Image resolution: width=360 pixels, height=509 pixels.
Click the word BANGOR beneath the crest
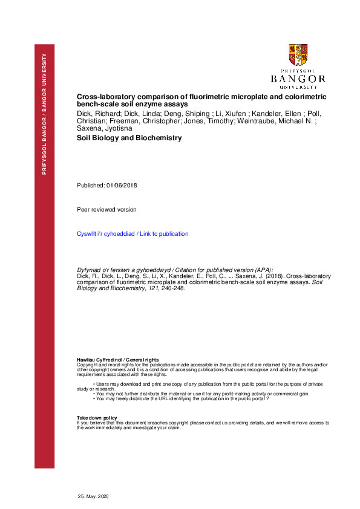click(298, 79)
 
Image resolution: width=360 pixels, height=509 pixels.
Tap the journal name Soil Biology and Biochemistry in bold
click(129, 138)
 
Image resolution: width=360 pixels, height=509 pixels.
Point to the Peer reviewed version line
click(106, 210)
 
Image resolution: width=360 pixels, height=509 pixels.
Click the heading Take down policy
click(97, 418)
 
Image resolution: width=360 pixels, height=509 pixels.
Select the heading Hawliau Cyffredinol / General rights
click(117, 360)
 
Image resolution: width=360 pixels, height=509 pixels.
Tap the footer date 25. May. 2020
click(92, 496)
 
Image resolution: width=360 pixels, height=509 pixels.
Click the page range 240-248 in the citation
click(171, 288)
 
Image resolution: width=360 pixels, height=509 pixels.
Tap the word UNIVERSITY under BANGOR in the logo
click(298, 86)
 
